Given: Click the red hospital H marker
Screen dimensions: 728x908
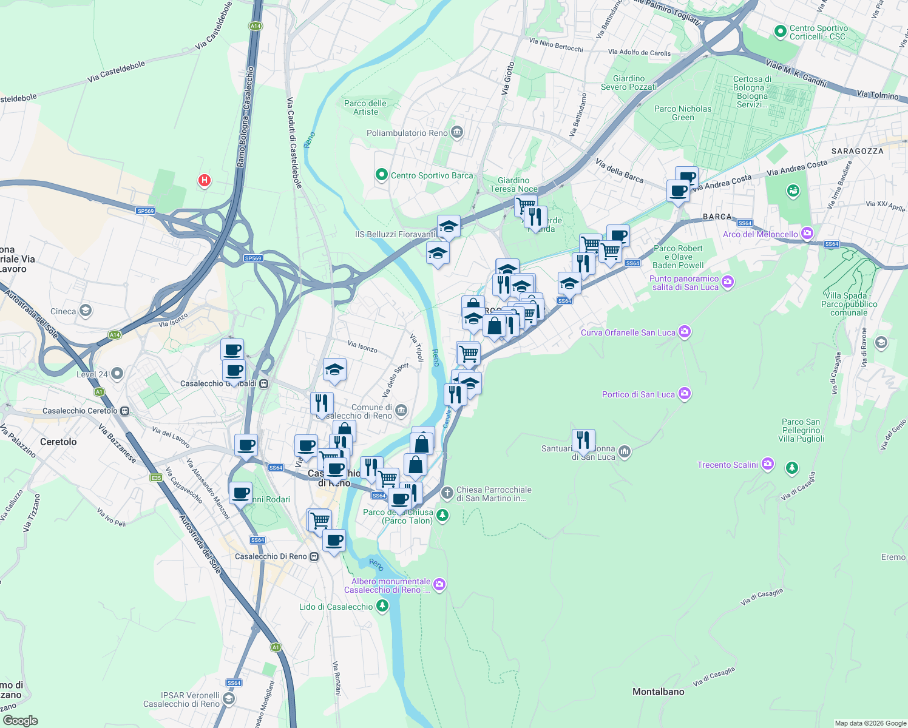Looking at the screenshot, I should pos(205,180).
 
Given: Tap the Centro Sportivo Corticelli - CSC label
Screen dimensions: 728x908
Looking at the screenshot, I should pos(818,32).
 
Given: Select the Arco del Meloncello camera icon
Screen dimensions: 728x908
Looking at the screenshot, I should pos(807,234).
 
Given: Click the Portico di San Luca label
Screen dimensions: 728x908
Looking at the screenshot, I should pos(638,394).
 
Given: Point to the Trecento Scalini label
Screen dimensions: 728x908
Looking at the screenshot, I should pos(727,465).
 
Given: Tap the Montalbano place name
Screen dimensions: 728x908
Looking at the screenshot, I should pos(658,692).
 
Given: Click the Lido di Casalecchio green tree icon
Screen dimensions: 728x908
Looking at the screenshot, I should pos(382,605).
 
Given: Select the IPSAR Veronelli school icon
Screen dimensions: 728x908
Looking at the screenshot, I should pos(228,699).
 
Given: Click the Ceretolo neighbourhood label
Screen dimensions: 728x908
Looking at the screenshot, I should pos(58,442).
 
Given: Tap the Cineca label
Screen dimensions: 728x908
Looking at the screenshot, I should pos(63,311).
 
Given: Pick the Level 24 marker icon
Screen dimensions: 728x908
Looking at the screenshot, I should pos(117,374).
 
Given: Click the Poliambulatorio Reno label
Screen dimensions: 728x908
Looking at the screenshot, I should pos(407,133).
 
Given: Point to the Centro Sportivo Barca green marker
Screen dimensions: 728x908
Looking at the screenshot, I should pos(381,175).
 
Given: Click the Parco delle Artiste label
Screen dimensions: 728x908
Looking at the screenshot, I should pos(365,107).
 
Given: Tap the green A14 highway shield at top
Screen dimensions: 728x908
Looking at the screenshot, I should pos(256,26).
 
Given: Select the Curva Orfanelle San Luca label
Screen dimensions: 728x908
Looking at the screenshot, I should pos(628,332).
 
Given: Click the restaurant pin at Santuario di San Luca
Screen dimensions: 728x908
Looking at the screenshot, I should pos(583,440).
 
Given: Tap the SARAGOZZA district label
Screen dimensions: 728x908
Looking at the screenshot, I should pos(857,151).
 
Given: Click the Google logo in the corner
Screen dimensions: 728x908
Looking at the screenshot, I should pos(20,721).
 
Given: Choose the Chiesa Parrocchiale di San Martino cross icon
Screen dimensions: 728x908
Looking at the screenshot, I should pos(447,493).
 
